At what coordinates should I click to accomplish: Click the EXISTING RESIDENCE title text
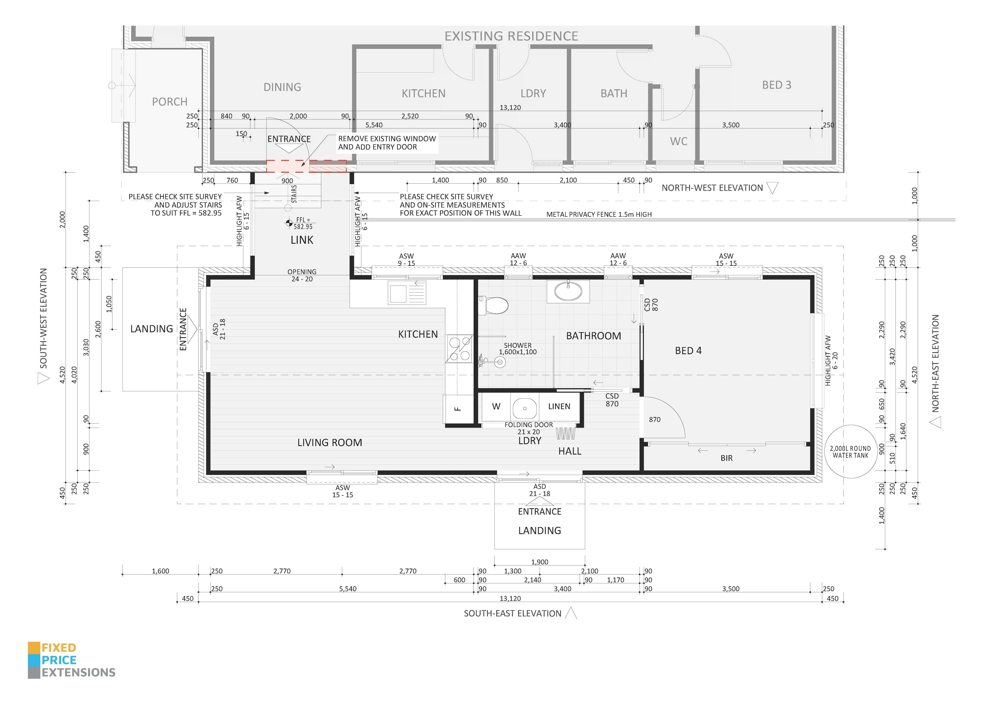pos(511,36)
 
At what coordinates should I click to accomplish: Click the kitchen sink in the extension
pos(407,293)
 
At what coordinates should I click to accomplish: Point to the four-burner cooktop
pos(460,349)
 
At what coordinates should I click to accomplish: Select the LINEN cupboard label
pos(559,406)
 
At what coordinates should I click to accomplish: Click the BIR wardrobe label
pos(726,458)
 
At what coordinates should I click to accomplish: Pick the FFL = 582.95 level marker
pos(300,223)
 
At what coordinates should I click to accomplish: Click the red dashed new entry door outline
pos(306,166)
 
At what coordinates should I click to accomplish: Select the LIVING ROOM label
pos(329,443)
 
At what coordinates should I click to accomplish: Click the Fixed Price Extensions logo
pos(72,660)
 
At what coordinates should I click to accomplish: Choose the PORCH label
pos(170,102)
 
